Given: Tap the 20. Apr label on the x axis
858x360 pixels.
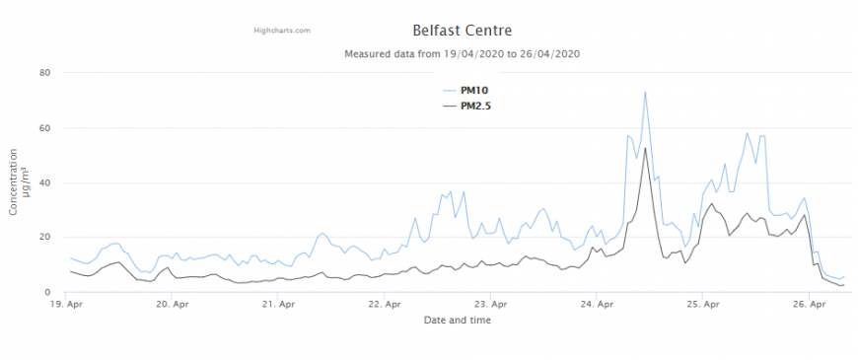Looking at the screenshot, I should pyautogui.click(x=174, y=306).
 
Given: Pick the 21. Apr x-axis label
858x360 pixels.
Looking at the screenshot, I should pyautogui.click(x=279, y=306).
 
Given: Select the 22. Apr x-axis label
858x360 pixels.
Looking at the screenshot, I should pyautogui.click(x=385, y=306).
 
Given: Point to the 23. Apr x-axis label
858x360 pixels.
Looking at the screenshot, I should pyautogui.click(x=490, y=306).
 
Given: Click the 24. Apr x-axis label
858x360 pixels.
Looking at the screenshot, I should pyautogui.click(x=596, y=306).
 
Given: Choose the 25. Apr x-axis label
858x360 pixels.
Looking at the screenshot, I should pyautogui.click(x=701, y=306).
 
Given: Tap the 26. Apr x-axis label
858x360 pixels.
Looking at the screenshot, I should pyautogui.click(x=807, y=306).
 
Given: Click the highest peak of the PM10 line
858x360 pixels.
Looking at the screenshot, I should pyautogui.click(x=645, y=92).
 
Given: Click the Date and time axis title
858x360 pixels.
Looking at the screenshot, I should pyautogui.click(x=457, y=321).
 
